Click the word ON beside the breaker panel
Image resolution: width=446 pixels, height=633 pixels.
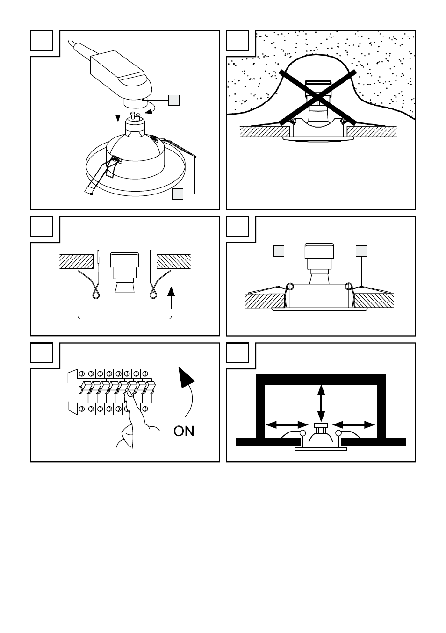click(184, 431)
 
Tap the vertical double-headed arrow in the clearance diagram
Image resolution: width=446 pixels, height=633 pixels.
click(321, 403)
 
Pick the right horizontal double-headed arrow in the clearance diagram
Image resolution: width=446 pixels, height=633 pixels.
click(354, 424)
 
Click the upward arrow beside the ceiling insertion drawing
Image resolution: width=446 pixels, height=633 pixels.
click(172, 297)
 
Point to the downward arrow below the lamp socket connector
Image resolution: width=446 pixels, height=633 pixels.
click(118, 113)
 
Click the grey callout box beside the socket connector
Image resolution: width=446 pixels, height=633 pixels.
click(173, 100)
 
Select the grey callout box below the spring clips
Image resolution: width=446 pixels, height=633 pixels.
click(178, 194)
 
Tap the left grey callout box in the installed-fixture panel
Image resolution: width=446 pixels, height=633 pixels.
click(279, 251)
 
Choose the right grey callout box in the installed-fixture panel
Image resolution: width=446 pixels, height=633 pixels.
click(361, 251)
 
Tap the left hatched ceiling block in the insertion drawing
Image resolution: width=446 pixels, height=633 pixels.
click(76, 261)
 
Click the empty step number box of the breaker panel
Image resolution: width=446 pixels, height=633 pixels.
click(42, 353)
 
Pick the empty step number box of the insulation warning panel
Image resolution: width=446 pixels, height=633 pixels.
click(237, 40)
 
